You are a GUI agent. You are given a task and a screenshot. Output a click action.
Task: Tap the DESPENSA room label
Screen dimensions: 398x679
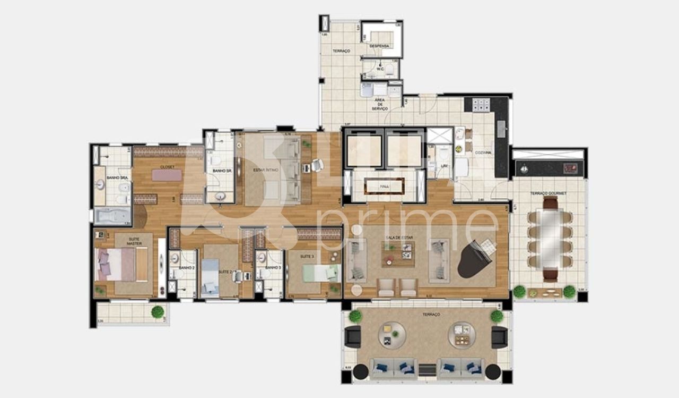pyautogui.click(x=380, y=46)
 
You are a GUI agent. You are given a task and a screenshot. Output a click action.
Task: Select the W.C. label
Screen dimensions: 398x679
pyautogui.click(x=380, y=69)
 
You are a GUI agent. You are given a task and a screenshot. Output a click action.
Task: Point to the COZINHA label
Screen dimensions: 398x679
pyautogui.click(x=483, y=153)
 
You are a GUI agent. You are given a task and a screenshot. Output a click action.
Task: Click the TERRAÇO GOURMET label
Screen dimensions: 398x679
pyautogui.click(x=550, y=193)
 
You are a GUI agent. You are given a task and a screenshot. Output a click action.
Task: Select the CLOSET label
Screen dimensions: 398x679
pyautogui.click(x=168, y=167)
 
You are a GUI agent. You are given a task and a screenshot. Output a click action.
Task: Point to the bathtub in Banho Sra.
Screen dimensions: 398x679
pyautogui.click(x=112, y=215)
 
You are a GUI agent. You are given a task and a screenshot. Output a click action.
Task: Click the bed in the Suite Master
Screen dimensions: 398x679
pyautogui.click(x=121, y=265)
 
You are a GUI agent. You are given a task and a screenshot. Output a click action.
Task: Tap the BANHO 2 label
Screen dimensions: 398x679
pyautogui.click(x=187, y=268)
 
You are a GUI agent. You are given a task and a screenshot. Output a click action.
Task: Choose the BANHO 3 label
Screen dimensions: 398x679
pyautogui.click(x=273, y=268)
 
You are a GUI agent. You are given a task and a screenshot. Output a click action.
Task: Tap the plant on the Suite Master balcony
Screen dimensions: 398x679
pyautogui.click(x=158, y=312)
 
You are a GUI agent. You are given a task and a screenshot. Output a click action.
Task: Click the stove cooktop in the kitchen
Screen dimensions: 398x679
pyautogui.click(x=481, y=105)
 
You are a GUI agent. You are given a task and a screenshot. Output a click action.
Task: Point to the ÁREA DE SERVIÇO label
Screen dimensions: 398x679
pyautogui.click(x=379, y=104)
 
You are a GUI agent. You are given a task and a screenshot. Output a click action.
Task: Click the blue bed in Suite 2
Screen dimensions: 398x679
pyautogui.click(x=211, y=276)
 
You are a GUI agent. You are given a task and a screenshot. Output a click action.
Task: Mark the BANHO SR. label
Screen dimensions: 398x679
pyautogui.click(x=220, y=170)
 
